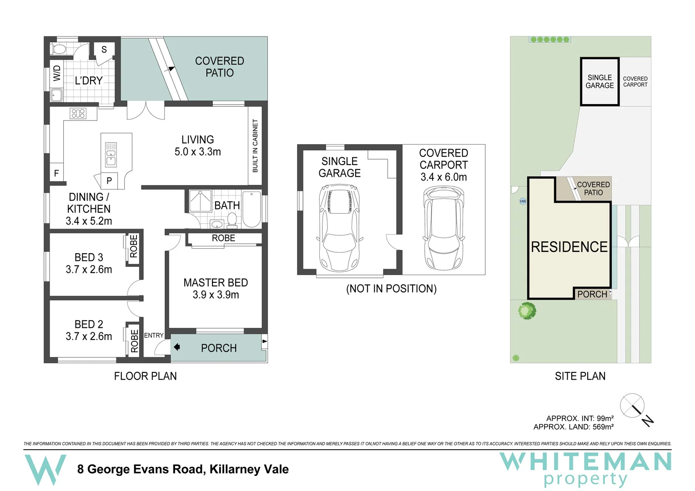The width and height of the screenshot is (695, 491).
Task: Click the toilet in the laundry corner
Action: click(x=59, y=49)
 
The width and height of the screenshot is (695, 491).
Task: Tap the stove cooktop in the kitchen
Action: click(x=78, y=113)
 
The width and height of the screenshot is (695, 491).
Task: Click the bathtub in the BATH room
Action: click(x=252, y=209)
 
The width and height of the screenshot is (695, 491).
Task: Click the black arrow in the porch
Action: click(x=177, y=347)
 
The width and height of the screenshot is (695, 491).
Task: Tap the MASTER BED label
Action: click(x=216, y=283)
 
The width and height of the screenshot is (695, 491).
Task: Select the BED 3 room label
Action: click(x=89, y=258)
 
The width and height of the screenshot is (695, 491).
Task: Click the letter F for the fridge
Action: click(x=56, y=173)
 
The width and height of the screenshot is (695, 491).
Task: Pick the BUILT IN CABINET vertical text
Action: click(x=255, y=146)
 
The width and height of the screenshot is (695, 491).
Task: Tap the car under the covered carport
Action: click(x=443, y=228)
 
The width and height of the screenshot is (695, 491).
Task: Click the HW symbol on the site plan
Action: click(x=523, y=201)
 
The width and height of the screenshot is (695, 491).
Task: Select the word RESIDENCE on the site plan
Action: click(x=569, y=247)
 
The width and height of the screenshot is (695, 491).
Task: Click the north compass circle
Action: click(x=632, y=406)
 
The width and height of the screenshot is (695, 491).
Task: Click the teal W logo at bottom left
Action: click(x=45, y=470)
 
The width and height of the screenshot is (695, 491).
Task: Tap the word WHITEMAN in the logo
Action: click(x=585, y=462)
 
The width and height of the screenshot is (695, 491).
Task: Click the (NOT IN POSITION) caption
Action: click(x=391, y=289)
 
